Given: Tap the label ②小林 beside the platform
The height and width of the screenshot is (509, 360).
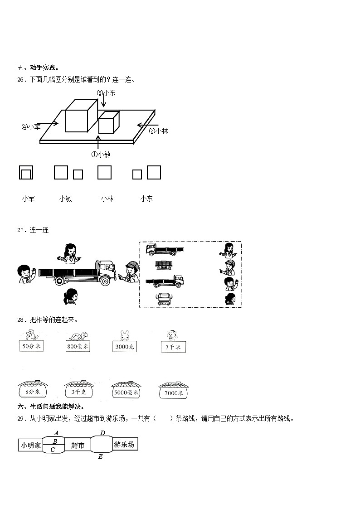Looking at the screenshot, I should coord(158,131).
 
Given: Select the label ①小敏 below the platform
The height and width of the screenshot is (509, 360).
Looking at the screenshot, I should coord(101,154).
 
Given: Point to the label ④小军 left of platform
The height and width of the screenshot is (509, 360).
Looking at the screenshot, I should coord(31,127).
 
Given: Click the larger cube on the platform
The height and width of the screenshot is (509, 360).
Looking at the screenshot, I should coord(81,116).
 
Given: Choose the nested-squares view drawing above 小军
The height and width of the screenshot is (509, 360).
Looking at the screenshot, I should coord(26,173).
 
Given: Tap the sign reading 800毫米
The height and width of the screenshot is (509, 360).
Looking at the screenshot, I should coord(78,347).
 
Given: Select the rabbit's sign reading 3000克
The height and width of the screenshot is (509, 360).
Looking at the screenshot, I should coord(125,347).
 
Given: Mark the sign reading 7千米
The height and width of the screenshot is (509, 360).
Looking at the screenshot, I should coord(173,347).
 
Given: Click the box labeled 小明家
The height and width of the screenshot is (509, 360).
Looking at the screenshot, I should coord(30,445).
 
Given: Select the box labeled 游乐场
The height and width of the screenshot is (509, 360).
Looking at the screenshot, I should coord(124,445).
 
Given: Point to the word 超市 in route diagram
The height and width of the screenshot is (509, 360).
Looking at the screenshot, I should coord(78,446).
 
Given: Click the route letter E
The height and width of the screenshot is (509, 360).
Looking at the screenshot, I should coord(100,457).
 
